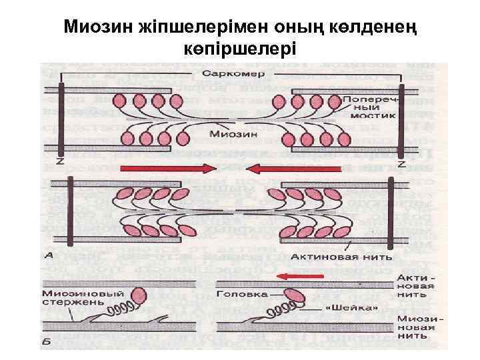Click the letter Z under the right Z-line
click(x=401, y=163)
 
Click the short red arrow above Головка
click(x=302, y=275)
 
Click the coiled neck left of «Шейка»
click(x=283, y=310)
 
